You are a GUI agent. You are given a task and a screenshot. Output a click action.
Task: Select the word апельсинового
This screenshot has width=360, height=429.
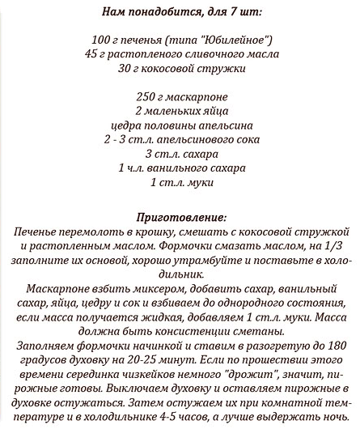click(183, 140)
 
